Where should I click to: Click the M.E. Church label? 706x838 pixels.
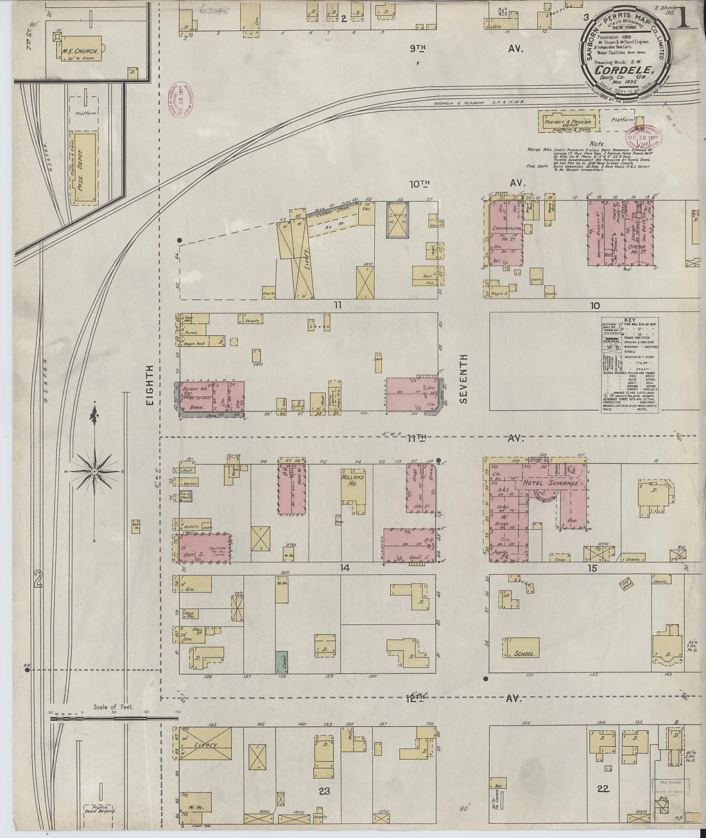pos(74,52)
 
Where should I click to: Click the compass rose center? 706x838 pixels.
pos(94,472)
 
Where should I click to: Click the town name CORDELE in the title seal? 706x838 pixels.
pos(619,70)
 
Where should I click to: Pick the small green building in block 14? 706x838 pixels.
pos(280,662)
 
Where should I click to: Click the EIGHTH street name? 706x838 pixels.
pos(150,385)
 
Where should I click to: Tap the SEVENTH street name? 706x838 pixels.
pos(464,378)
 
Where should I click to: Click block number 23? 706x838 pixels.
pos(324,791)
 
